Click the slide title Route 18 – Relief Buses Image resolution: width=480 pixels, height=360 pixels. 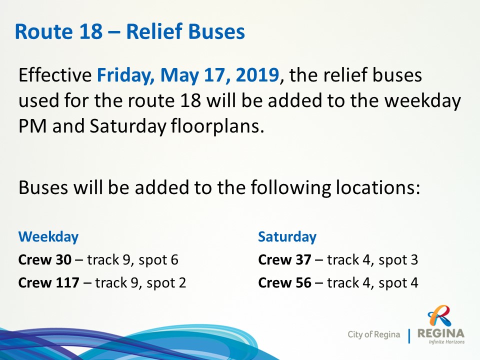(x=130, y=31)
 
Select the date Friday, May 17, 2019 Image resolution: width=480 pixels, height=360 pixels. (x=188, y=75)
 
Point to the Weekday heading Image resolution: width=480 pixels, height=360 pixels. (x=48, y=237)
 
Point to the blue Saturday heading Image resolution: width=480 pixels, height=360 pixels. (x=287, y=236)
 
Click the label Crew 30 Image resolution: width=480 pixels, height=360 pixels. (x=44, y=259)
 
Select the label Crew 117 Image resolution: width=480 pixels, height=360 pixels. (x=48, y=282)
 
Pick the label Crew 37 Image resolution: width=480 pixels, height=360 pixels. (x=284, y=259)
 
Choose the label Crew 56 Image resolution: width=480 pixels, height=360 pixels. (x=284, y=282)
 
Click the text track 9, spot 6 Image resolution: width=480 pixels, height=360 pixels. (x=132, y=260)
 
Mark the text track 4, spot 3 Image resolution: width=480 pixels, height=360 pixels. (x=372, y=260)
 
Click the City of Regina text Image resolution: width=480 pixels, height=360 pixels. (x=374, y=334)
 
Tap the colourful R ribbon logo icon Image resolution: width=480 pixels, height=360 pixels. (x=440, y=316)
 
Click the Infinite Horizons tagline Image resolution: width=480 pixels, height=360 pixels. (x=446, y=341)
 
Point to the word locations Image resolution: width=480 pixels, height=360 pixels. (x=378, y=187)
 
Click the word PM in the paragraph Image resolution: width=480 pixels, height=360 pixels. (x=33, y=126)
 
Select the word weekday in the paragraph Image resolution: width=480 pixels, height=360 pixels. (x=422, y=100)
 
